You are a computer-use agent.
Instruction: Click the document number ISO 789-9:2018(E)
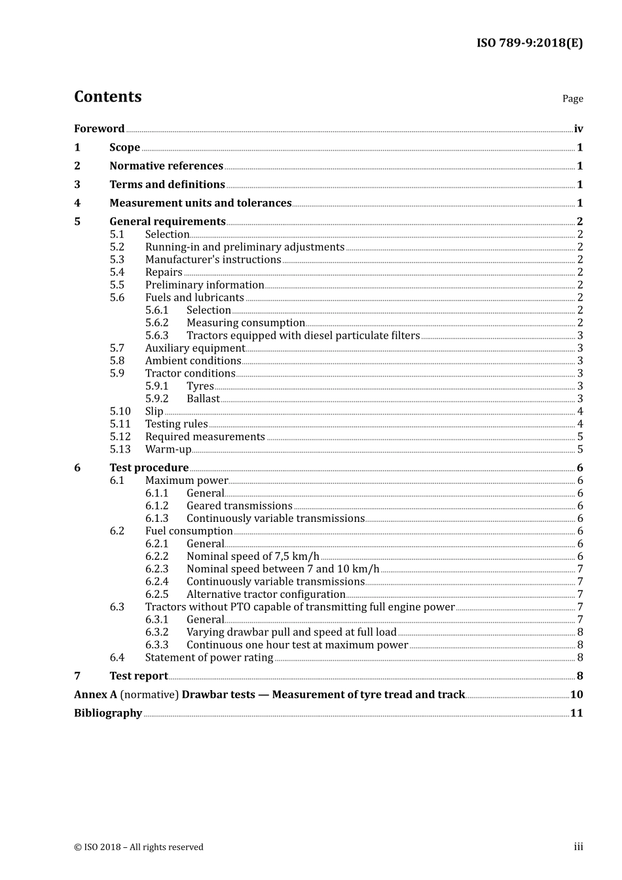point(529,43)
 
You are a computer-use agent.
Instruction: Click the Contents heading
point(107,97)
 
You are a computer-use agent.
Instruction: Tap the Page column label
point(572,99)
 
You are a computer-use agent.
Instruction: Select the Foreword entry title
point(99,129)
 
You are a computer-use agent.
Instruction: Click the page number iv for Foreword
point(578,129)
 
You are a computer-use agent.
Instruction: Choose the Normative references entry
point(166,166)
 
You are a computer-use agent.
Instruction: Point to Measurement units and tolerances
point(200,203)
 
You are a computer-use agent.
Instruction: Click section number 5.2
point(117,247)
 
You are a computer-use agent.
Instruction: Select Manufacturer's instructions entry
point(213,259)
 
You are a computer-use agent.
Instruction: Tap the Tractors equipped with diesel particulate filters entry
point(303,335)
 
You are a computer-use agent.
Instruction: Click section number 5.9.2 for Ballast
point(156,399)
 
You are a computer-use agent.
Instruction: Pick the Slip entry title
point(154,411)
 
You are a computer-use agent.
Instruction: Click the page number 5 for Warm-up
point(580,449)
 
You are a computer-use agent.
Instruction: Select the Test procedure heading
point(149,467)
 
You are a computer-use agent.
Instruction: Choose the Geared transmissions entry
point(239,505)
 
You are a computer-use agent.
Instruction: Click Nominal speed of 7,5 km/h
point(253,557)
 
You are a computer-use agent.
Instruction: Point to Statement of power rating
point(209,657)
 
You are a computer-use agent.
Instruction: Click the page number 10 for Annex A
point(576,695)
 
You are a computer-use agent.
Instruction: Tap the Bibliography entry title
point(108,713)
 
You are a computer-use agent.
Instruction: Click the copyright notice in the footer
point(139,847)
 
